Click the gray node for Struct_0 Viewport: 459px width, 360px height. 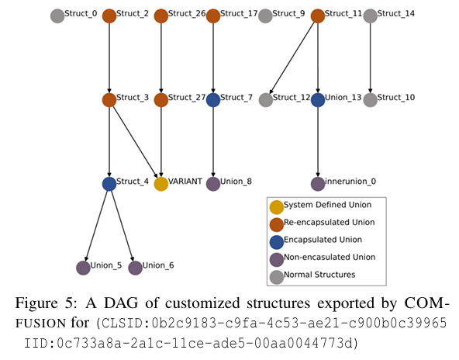point(57,16)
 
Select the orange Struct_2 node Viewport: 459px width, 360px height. point(109,16)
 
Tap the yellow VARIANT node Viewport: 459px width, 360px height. point(161,184)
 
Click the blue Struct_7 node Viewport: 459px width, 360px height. point(213,100)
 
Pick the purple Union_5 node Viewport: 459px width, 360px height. point(83,268)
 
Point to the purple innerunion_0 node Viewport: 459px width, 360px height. point(318,184)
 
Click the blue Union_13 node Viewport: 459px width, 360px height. point(318,100)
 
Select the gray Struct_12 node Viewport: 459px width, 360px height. point(266,100)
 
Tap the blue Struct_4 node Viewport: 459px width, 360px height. point(109,184)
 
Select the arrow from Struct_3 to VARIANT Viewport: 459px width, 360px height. point(135,142)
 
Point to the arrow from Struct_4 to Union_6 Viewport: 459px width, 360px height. point(123,226)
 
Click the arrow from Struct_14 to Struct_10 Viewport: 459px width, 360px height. point(371,57)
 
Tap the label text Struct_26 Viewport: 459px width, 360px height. point(187,13)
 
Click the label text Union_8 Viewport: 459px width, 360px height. point(236,182)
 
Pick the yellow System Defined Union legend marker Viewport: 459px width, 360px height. point(276,207)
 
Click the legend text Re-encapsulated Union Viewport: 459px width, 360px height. point(329,223)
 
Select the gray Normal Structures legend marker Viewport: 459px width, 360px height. point(276,277)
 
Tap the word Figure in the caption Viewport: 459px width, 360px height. point(36,303)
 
